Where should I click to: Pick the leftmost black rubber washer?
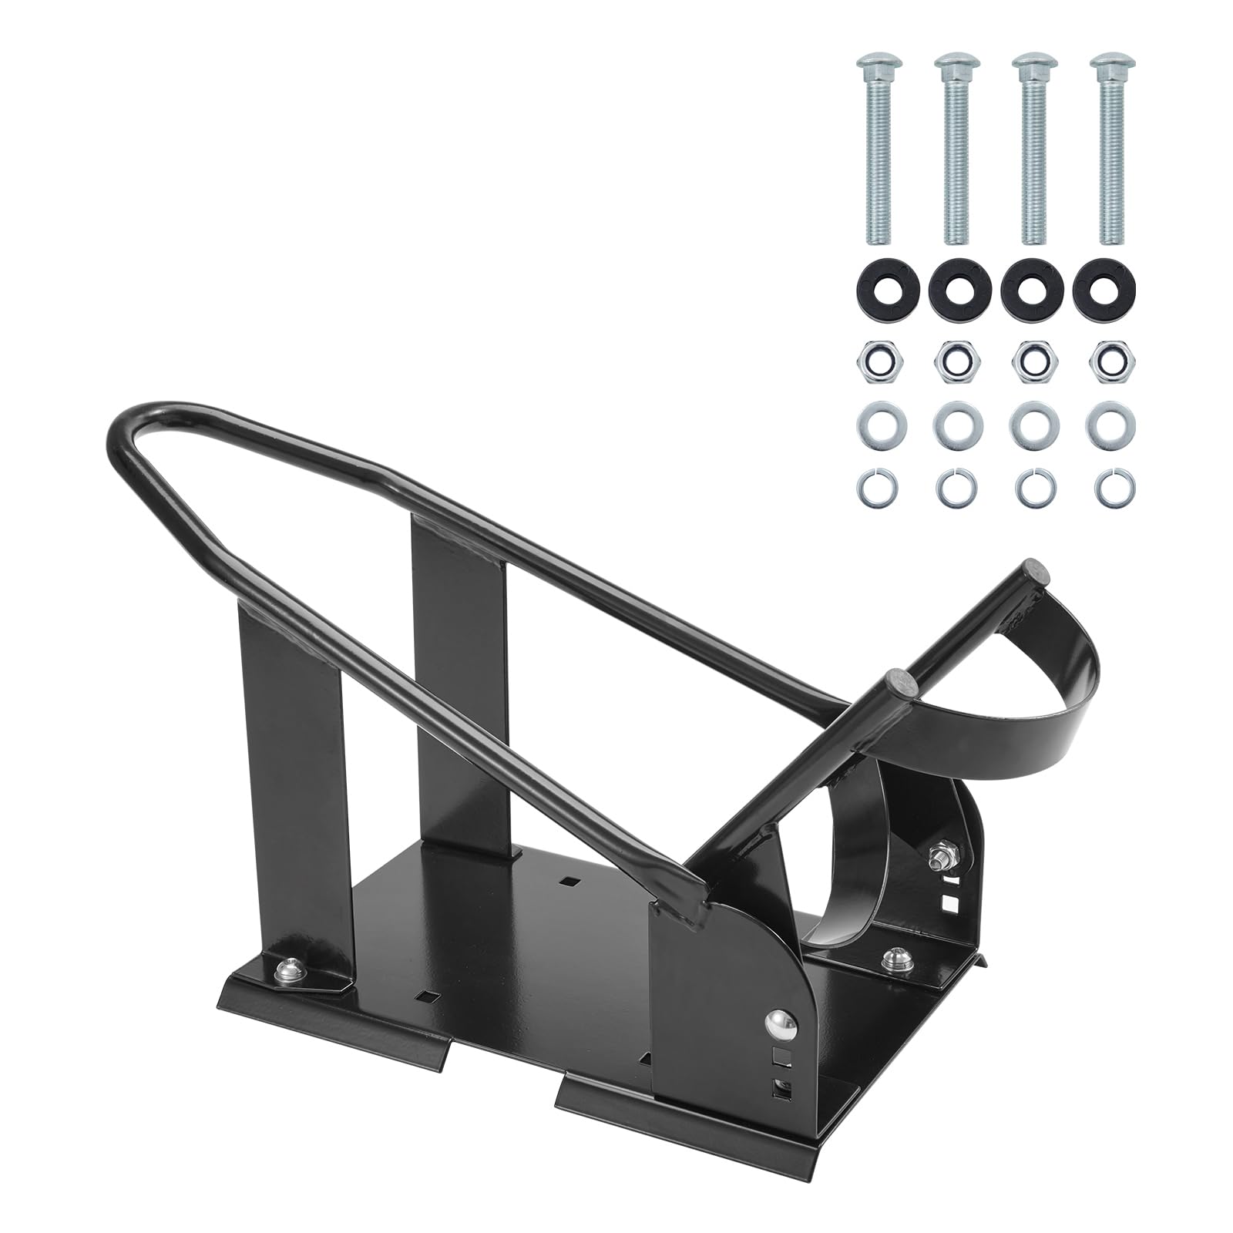(874, 288)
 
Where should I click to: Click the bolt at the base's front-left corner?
(291, 966)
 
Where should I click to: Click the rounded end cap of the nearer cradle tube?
(899, 679)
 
